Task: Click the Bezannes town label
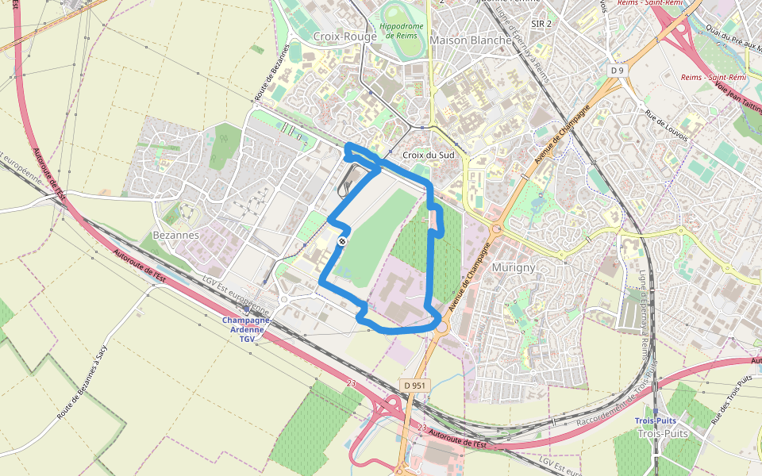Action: pyautogui.click(x=175, y=236)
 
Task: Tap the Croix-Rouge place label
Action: pyautogui.click(x=344, y=36)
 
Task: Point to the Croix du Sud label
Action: pyautogui.click(x=429, y=155)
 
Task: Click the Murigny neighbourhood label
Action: pyautogui.click(x=514, y=267)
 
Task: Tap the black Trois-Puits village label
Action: pyautogui.click(x=662, y=434)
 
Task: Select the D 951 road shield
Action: pyautogui.click(x=414, y=385)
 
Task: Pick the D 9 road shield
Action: pyautogui.click(x=618, y=71)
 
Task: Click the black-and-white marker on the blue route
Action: pyautogui.click(x=342, y=240)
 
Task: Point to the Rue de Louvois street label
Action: pyautogui.click(x=666, y=125)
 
